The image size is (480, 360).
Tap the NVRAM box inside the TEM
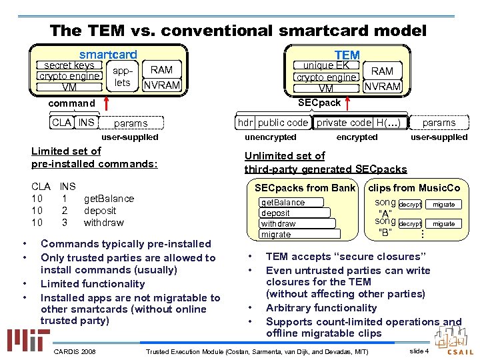[x=382, y=86]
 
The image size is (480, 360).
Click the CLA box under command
[x=61, y=122]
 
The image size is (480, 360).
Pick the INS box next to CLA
[x=86, y=122]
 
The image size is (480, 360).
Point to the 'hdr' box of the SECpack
[x=246, y=122]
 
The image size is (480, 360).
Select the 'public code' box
[x=283, y=122]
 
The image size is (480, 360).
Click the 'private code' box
[x=343, y=122]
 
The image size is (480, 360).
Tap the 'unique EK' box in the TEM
[x=326, y=65]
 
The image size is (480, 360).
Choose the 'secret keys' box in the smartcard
[x=69, y=65]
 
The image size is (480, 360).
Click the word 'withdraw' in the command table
[x=103, y=223]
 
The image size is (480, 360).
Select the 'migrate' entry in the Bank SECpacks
[x=276, y=235]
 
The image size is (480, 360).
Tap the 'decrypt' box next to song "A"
[x=410, y=204]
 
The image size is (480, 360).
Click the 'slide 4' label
[x=419, y=351]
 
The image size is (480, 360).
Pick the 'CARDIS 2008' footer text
[x=74, y=351]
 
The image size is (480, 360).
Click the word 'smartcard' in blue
[x=108, y=55]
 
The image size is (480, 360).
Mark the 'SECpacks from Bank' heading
[x=305, y=188]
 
